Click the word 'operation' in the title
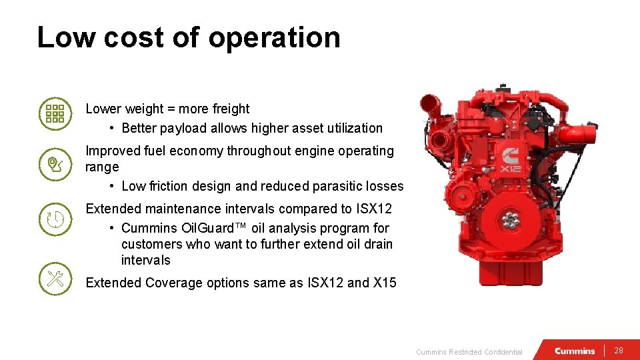274,37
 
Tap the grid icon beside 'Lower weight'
54,113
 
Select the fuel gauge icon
54,164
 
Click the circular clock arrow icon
54,219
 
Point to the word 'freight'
231,109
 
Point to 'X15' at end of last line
385,283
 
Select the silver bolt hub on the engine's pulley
511,222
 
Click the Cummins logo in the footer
575,351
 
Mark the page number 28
619,351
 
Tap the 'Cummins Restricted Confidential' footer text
469,352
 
